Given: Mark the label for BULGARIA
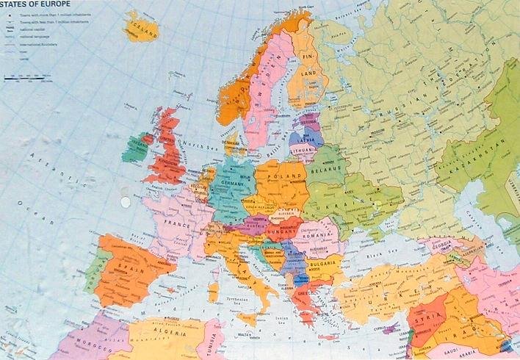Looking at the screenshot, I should tap(322, 263).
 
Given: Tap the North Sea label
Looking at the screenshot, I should tap(196, 144).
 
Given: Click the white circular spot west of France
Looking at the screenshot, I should tap(125, 200).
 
